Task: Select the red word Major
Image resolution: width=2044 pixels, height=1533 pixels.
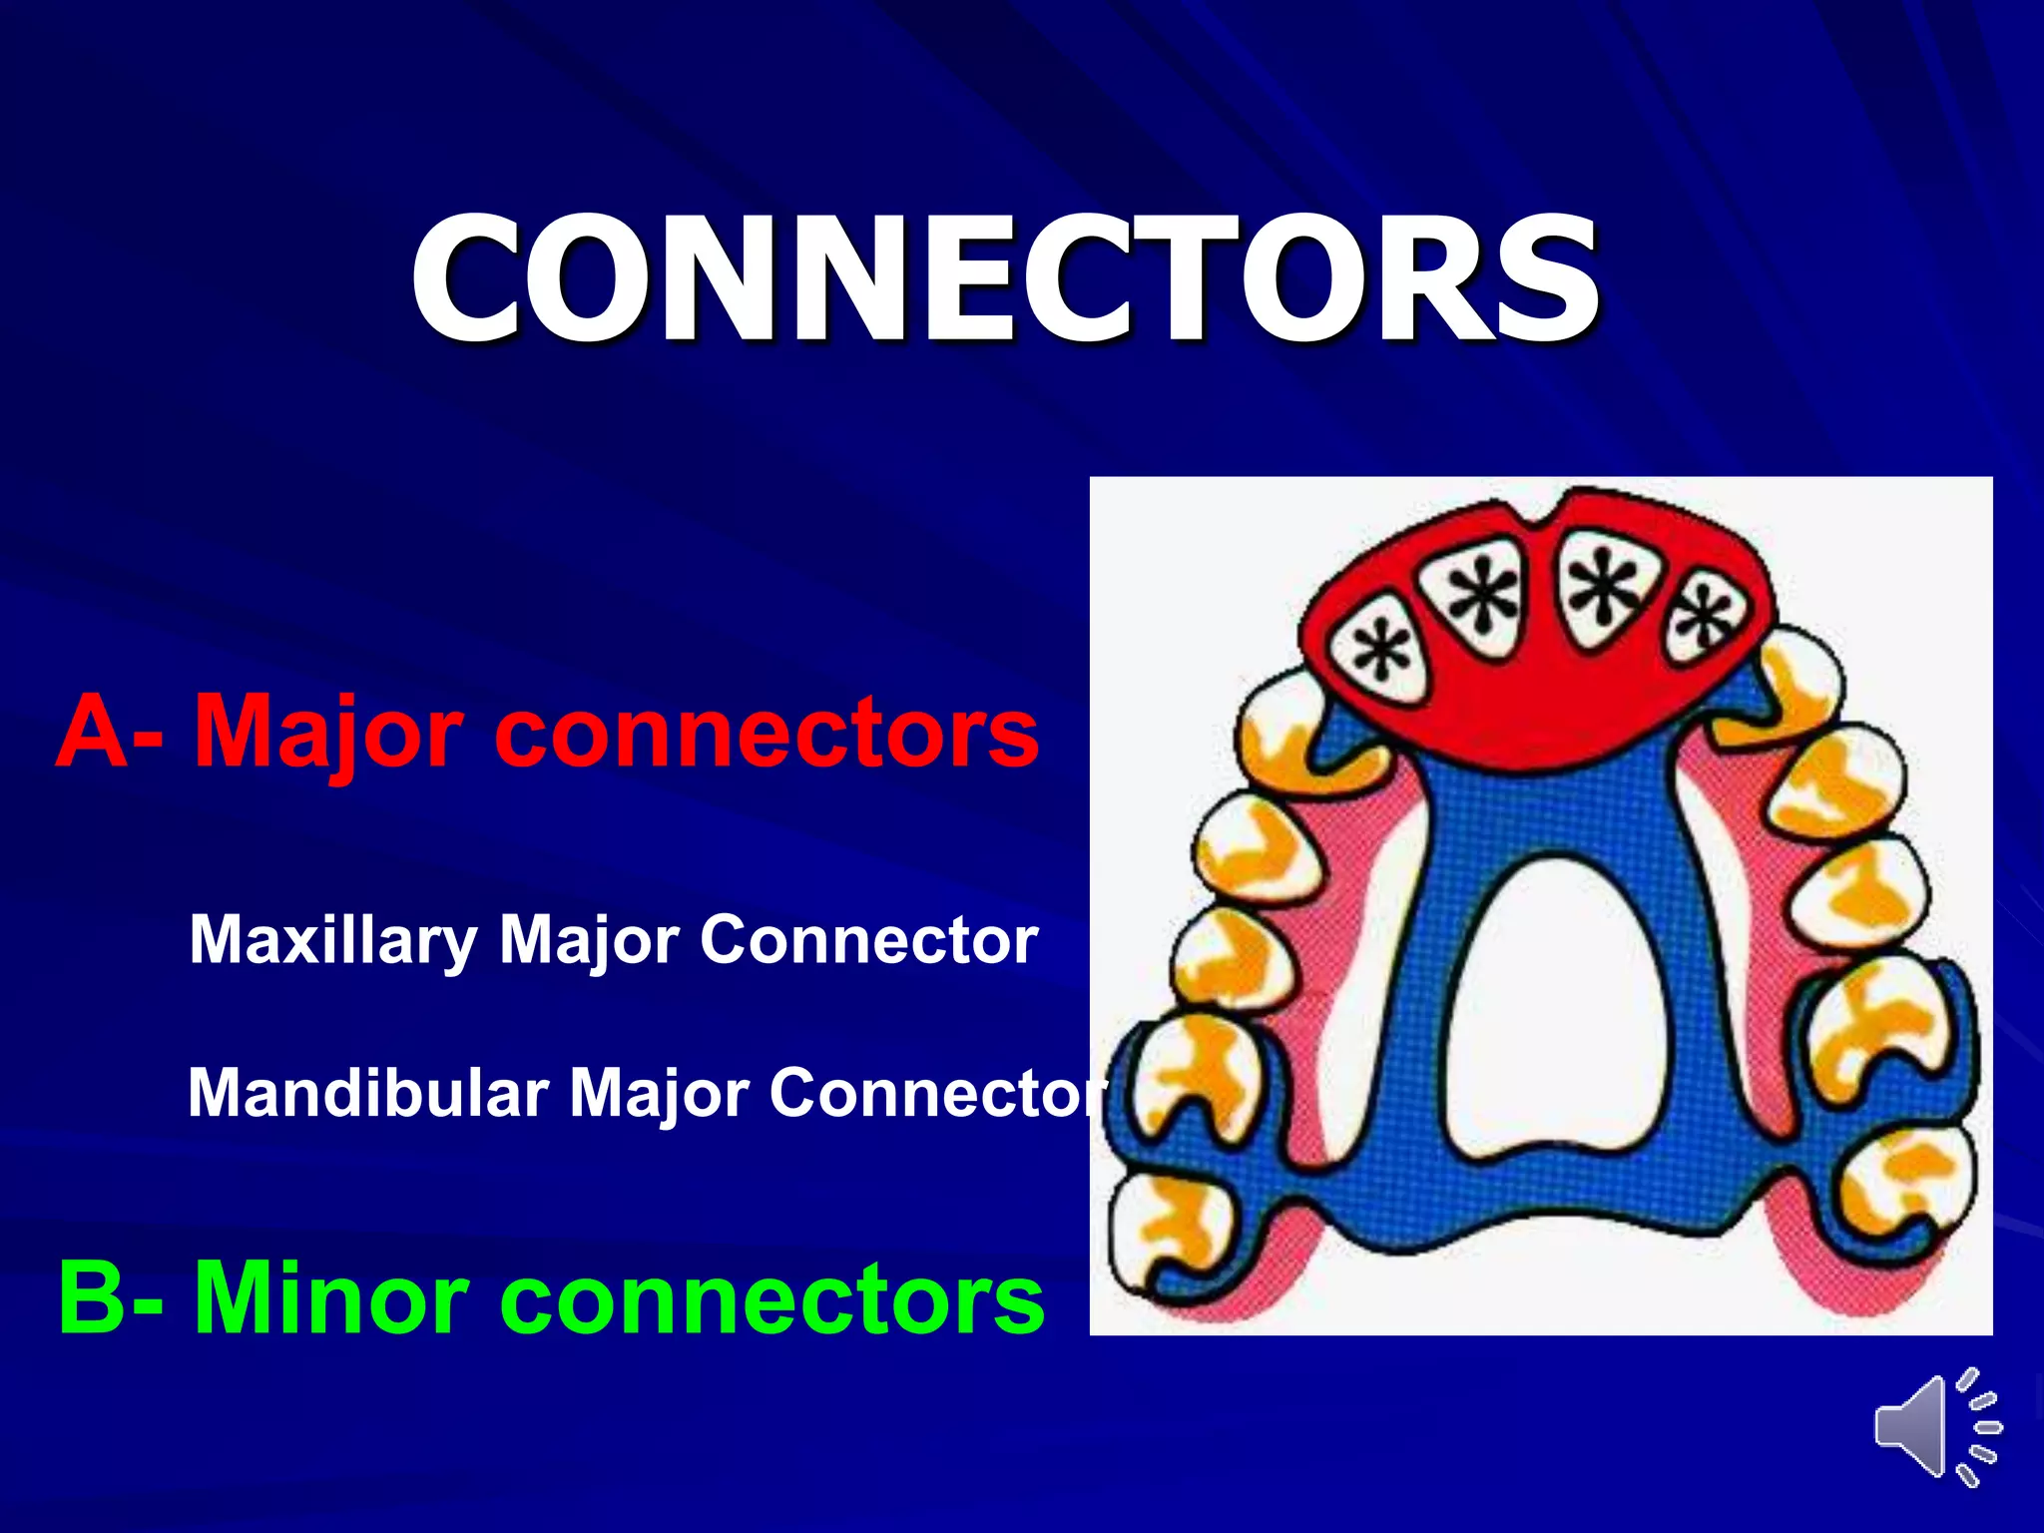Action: click(x=328, y=734)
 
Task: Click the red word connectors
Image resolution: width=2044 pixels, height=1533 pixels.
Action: click(x=766, y=734)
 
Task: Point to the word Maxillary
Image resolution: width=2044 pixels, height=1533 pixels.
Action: click(x=333, y=940)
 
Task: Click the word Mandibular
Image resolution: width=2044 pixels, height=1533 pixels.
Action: click(x=368, y=1092)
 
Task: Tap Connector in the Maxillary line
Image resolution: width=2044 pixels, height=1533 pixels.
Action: click(x=868, y=940)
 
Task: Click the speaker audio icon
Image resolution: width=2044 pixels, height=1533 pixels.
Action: click(x=1936, y=1426)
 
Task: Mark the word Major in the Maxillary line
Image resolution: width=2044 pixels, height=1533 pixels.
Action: click(x=589, y=940)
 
